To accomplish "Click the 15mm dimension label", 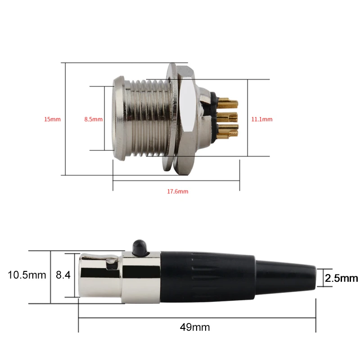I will pos(52,119).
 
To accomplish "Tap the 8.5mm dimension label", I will pos(94,119).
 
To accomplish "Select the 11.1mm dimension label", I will pos(262,119).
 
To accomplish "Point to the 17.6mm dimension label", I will pos(178,191).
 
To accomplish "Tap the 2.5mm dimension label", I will pos(341,278).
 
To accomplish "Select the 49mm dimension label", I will pos(194,327).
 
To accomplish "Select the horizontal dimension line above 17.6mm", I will pos(175,181).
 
